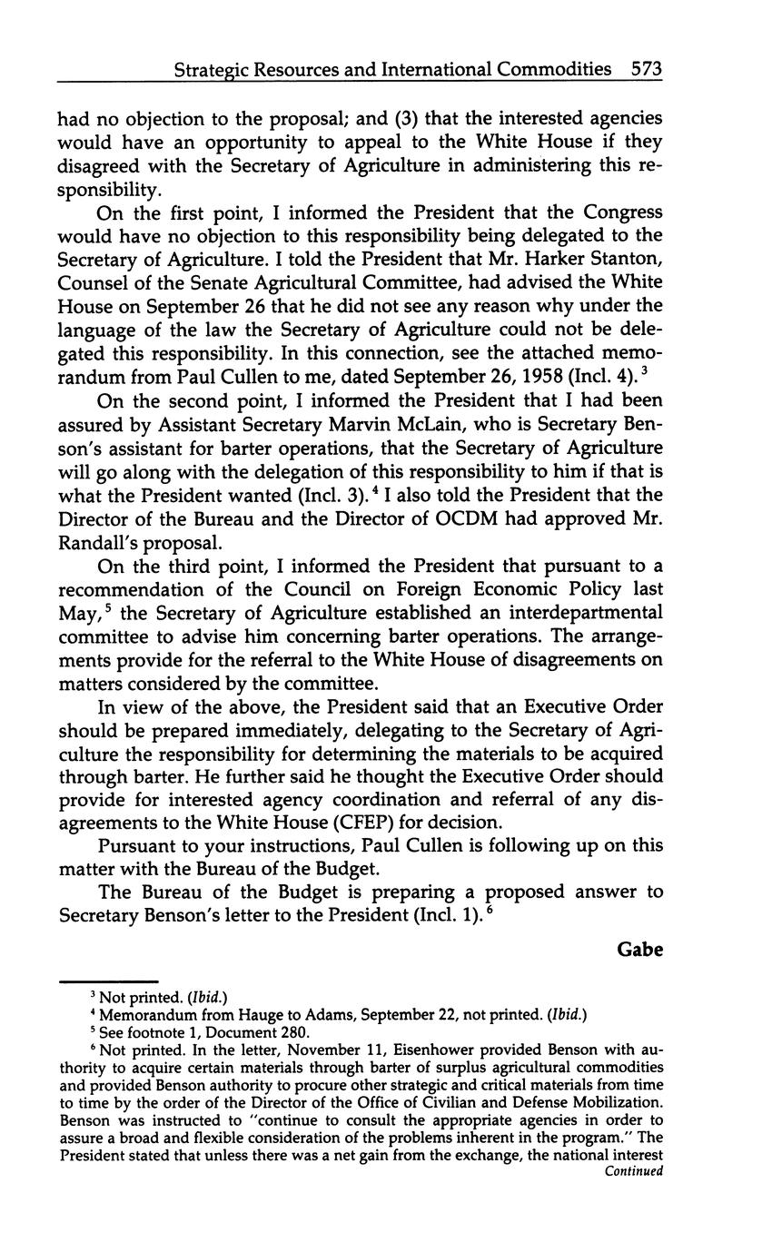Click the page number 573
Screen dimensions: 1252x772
644,69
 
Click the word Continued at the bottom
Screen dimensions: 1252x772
634,1171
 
